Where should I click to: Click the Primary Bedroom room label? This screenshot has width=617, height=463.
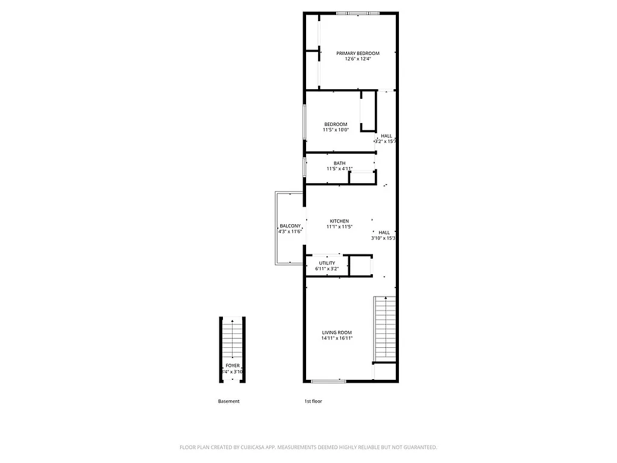point(358,53)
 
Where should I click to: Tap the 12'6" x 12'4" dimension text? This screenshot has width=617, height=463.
point(358,59)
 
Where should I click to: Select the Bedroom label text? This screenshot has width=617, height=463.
point(336,124)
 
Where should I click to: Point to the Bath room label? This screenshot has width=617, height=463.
point(340,163)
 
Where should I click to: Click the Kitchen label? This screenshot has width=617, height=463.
point(339,221)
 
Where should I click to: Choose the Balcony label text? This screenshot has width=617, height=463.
point(290,226)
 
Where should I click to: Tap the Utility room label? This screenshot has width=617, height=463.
point(327,263)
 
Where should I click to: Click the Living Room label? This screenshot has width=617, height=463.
point(337,333)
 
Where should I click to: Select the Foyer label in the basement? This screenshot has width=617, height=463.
point(233,366)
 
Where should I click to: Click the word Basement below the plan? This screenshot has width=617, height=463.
point(228,402)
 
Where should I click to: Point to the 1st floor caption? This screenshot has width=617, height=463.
point(313,402)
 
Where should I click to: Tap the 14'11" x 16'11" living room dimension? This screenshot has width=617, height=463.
point(337,339)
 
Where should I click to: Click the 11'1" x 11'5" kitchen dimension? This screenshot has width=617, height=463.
point(339,227)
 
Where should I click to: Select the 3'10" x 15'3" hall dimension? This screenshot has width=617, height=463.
point(383,238)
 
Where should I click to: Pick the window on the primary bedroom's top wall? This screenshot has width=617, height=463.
point(358,13)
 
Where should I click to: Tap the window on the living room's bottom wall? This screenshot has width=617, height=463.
point(328,380)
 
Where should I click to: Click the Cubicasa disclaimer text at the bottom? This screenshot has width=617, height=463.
point(308,447)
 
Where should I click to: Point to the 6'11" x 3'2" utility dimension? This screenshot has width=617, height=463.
point(327,269)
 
